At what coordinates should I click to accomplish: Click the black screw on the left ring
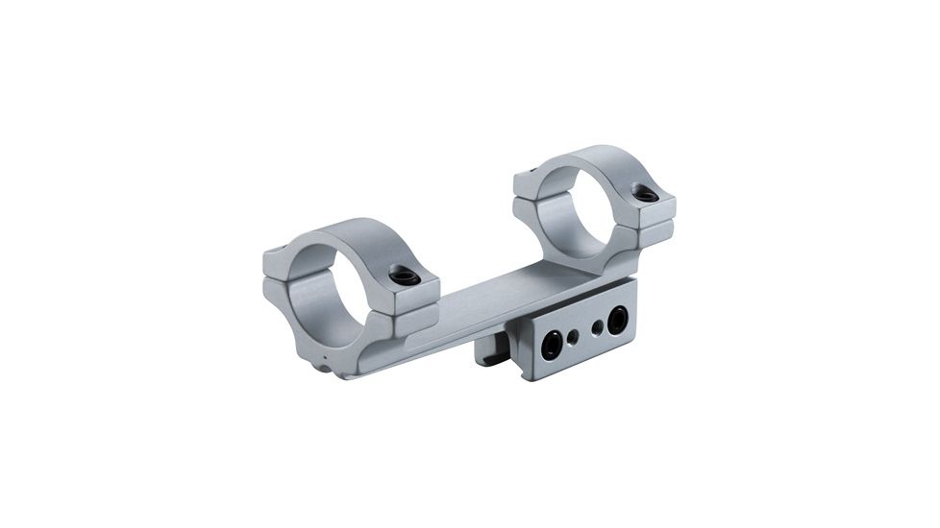405,276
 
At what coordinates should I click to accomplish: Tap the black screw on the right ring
646,194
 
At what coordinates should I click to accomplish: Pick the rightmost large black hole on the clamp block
616,320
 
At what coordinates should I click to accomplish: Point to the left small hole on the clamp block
574,337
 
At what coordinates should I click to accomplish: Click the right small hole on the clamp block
598,327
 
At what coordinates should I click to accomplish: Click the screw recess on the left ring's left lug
273,252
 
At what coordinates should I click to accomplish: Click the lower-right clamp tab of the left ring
415,322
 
